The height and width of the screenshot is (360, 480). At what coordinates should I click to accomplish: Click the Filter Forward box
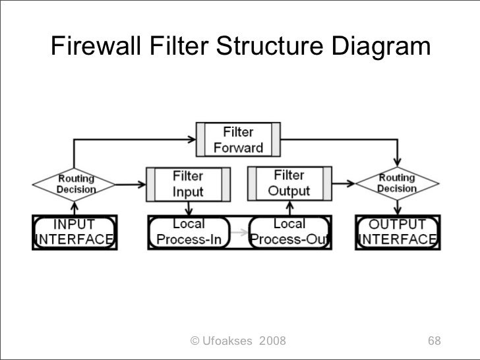click(238, 140)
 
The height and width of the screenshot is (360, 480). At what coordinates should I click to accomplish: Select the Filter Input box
click(188, 184)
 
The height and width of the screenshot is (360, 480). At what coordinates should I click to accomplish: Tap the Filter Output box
click(289, 183)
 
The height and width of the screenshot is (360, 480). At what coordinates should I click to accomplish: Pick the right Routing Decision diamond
click(396, 183)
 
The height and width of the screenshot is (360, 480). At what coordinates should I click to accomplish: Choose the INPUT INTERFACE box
click(75, 231)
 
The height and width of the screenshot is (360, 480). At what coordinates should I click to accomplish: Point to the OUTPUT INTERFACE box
click(396, 231)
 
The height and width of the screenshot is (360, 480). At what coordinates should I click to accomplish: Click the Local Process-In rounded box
click(189, 231)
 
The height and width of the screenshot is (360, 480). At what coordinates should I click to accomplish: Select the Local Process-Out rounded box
click(289, 231)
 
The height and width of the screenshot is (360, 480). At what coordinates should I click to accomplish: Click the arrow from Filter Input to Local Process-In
click(189, 208)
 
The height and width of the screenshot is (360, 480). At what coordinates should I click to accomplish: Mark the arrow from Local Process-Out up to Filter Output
click(289, 208)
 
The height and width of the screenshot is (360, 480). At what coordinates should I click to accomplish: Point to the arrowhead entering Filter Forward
click(192, 140)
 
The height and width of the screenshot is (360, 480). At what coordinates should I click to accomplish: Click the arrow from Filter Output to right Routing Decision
click(342, 184)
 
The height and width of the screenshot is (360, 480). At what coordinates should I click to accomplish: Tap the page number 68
click(434, 341)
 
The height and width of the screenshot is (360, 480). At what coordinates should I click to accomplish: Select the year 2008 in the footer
click(273, 341)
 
